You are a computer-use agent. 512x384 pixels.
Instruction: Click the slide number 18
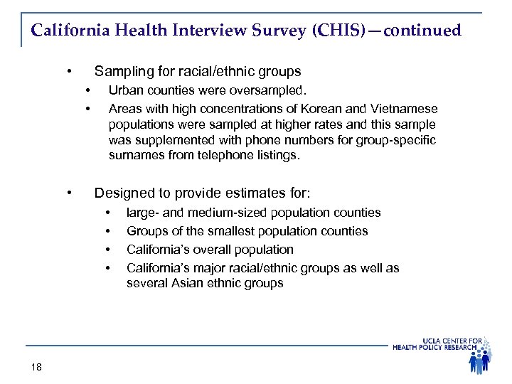coord(36,366)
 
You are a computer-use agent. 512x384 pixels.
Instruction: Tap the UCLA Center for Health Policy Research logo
coord(448,353)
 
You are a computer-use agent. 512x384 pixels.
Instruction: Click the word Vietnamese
coord(405,108)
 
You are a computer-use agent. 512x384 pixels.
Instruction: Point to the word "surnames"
coord(134,154)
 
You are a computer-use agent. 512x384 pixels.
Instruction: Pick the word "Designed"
coord(122,193)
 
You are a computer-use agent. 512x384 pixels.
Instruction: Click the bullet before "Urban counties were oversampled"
coord(87,90)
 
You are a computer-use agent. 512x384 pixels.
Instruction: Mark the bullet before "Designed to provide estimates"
coord(69,193)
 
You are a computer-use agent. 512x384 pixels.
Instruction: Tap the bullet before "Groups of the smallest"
coord(108,231)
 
